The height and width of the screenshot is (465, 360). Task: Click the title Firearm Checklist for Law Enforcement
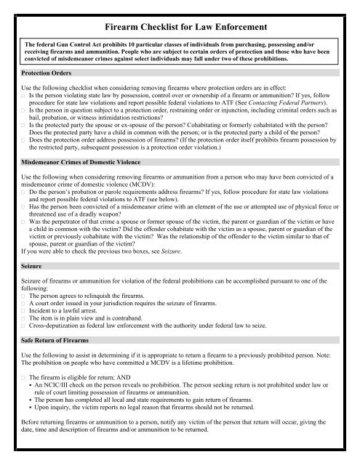tap(180, 27)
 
